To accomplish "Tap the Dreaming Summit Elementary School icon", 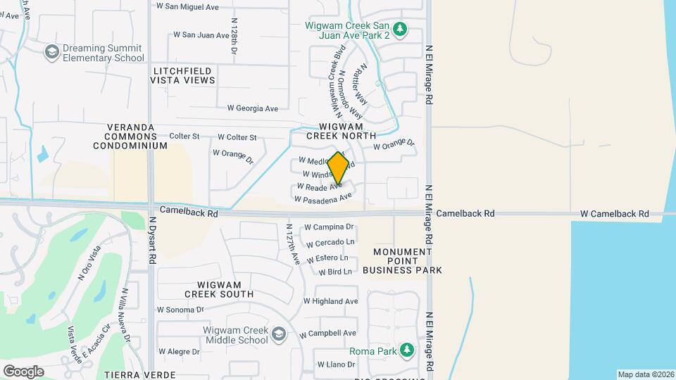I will pos(51,52).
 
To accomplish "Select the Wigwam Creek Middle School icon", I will pos(279,334).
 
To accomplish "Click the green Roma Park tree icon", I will pos(406,350).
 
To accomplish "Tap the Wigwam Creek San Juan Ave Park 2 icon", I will pos(400,29).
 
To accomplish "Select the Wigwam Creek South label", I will pos(219,289).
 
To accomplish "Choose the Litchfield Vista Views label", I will pos(182,75).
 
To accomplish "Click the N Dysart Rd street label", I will pos(151,240).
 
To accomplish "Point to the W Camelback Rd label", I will pos(614,213).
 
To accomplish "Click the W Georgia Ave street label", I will pos(253,108).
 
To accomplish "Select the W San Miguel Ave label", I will pos(187,6).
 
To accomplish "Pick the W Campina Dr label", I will pos(328,227).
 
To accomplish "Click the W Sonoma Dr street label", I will pos(180,309).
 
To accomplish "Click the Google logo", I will pos(23,371).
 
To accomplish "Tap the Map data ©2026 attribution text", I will pos(645,374).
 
